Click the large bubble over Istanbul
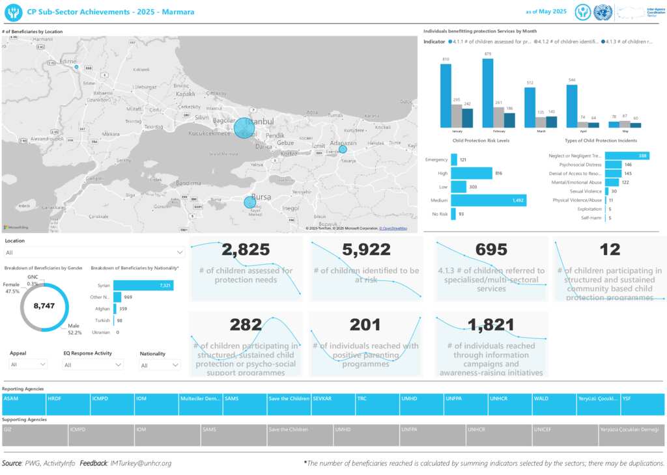[244, 128]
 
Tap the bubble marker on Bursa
[249, 202]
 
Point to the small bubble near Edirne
[76, 67]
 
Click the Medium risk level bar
[488, 200]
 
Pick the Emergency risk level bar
[453, 159]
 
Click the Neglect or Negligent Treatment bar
[627, 156]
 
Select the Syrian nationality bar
[143, 286]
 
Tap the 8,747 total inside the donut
[44, 306]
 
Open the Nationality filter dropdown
[159, 366]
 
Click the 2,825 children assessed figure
[245, 249]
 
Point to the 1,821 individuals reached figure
[491, 325]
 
